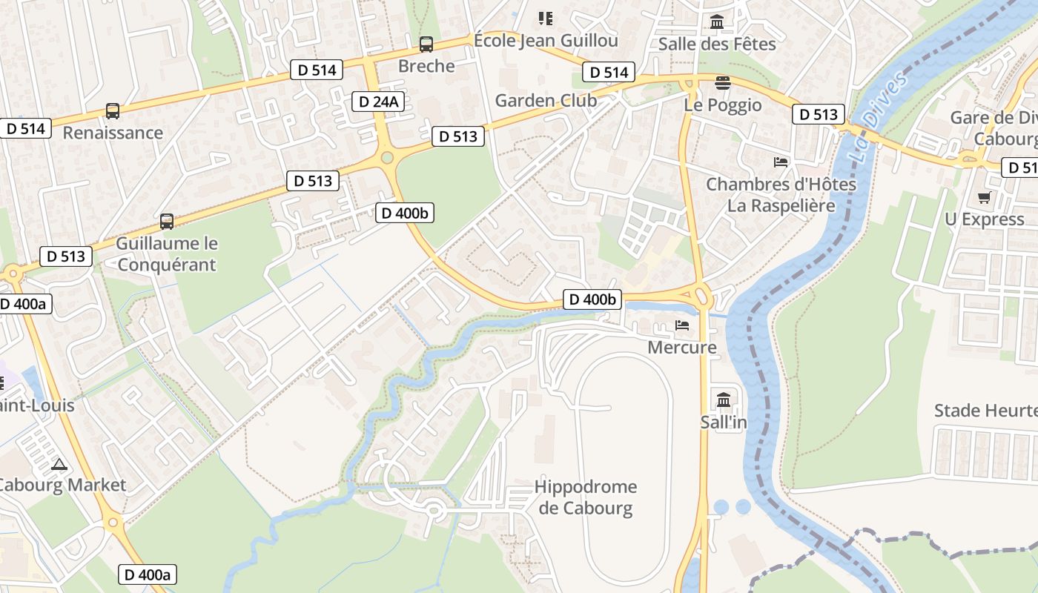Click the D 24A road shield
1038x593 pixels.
click(377, 102)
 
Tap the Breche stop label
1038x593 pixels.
click(426, 66)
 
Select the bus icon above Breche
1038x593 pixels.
click(426, 44)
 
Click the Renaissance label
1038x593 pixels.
click(113, 133)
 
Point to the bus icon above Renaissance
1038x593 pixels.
click(113, 111)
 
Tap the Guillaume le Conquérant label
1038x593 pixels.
click(166, 254)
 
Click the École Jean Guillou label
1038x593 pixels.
click(546, 40)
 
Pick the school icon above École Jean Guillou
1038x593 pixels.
click(546, 19)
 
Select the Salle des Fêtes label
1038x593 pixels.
click(717, 44)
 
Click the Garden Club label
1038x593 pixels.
click(546, 100)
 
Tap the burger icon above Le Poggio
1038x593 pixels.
click(723, 82)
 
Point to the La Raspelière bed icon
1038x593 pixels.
click(781, 162)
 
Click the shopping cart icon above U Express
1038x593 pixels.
click(985, 197)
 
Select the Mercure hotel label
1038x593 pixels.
click(682, 347)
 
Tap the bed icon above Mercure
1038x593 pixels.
click(682, 325)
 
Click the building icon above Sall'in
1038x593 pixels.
click(724, 401)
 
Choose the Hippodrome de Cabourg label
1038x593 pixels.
click(586, 497)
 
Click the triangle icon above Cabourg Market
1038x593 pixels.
click(59, 465)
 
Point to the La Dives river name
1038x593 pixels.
click(879, 119)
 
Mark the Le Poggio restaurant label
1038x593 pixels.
click(723, 105)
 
